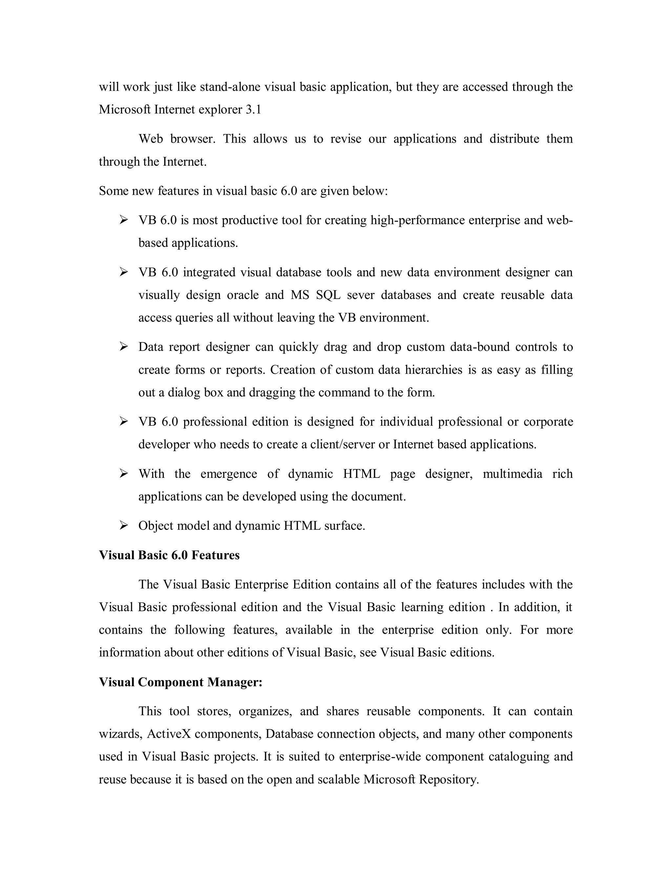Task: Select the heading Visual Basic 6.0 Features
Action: [x=169, y=555]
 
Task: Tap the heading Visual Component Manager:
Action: [x=180, y=682]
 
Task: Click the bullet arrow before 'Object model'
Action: [x=123, y=526]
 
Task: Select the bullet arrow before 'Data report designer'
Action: [x=123, y=347]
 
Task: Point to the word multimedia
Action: [x=512, y=474]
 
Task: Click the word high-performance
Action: [x=418, y=220]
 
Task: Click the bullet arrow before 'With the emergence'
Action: [x=123, y=474]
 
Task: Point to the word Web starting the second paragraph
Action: [x=151, y=138]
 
